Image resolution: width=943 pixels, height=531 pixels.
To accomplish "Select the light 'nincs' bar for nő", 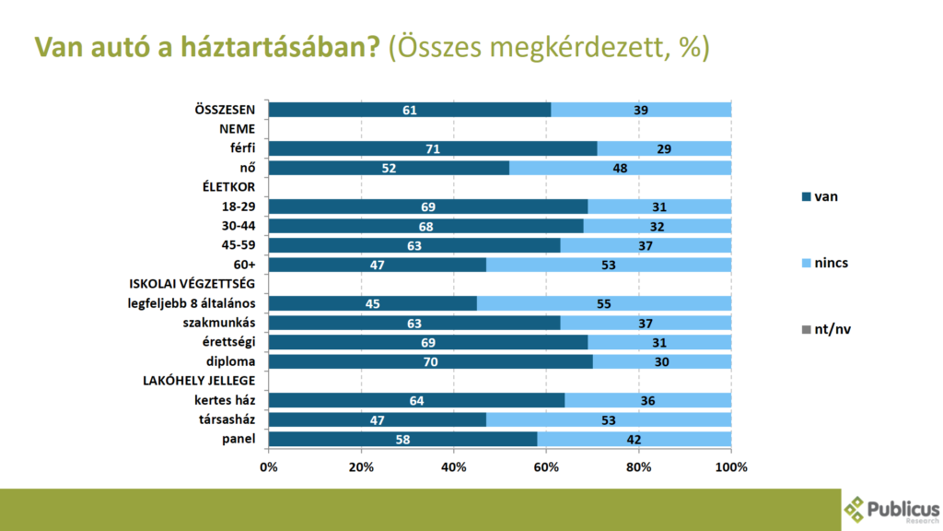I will coord(620,168).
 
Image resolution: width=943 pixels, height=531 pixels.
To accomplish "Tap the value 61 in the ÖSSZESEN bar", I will coord(410,110).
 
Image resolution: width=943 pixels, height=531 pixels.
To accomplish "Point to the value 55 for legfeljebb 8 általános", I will coord(603,303).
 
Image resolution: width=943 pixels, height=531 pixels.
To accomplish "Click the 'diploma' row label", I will coord(230,361).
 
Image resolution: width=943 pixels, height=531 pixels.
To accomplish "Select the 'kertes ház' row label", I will coord(225,400).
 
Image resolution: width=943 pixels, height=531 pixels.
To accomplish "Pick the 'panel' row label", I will coord(239,439).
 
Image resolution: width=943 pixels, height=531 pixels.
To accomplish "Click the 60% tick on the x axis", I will coord(546,467).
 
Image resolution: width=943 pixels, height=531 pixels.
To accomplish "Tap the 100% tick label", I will coord(730,467).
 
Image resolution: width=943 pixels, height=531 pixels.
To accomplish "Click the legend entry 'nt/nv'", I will coord(832,329).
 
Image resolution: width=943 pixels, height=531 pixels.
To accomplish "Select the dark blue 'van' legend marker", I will coord(806,196).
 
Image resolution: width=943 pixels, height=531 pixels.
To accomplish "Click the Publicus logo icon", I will coord(856,508).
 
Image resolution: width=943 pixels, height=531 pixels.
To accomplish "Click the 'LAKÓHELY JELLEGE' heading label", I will coord(203,381).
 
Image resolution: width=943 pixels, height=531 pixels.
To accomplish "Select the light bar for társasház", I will coord(608,419).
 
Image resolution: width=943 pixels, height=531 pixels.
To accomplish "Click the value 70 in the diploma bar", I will coord(430,361).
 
